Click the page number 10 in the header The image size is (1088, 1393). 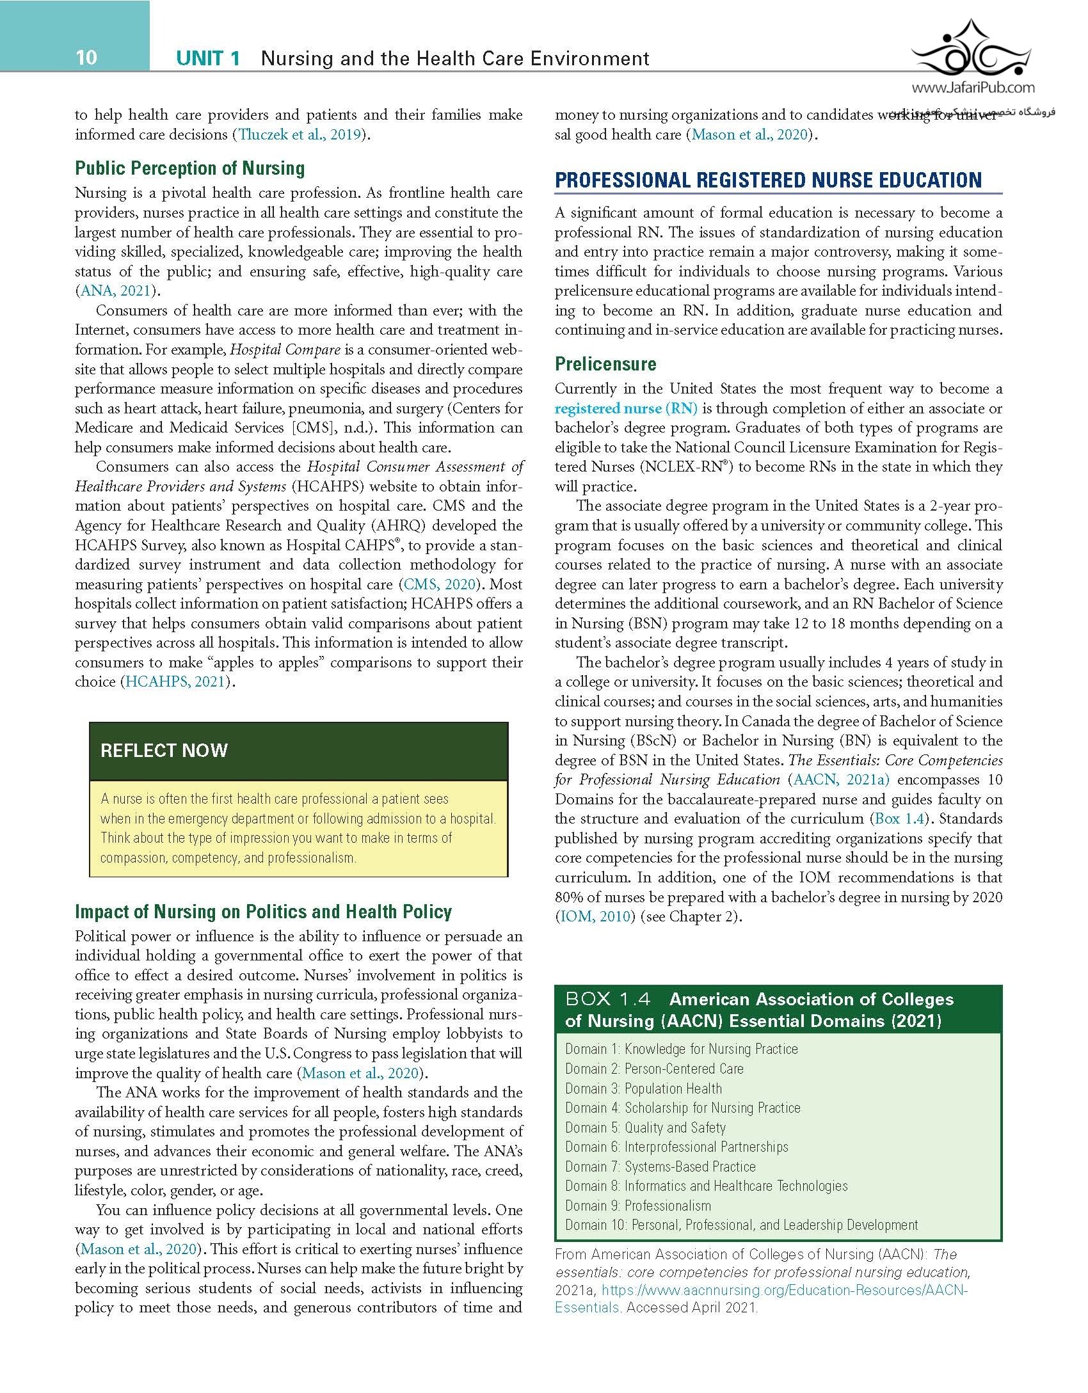click(86, 58)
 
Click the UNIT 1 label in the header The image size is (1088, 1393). click(208, 59)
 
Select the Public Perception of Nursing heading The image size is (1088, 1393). click(190, 168)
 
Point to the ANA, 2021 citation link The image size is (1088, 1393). click(115, 291)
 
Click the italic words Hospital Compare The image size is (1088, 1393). click(285, 349)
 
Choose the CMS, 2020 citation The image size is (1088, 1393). click(440, 584)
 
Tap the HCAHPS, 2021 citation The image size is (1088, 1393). click(175, 681)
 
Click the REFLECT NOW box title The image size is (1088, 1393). click(164, 751)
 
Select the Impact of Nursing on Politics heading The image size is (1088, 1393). click(263, 911)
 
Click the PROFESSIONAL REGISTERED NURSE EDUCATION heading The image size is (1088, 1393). click(768, 180)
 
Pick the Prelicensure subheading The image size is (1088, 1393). click(605, 364)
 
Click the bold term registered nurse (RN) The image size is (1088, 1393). click(626, 408)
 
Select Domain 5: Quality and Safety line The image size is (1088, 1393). click(645, 1127)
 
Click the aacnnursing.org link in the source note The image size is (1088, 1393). click(762, 1291)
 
